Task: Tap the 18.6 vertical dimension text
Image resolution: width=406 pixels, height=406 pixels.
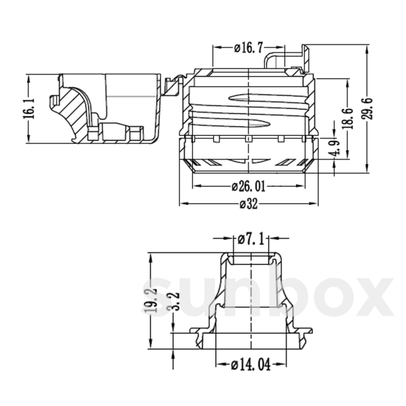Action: click(x=348, y=118)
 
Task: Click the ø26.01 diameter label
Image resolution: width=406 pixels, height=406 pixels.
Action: click(x=249, y=186)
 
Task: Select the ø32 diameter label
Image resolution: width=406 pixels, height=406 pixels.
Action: click(x=249, y=204)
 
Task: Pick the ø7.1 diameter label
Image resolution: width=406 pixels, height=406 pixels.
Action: click(x=251, y=239)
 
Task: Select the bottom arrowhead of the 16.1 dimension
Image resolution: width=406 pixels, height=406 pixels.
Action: click(x=29, y=140)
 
